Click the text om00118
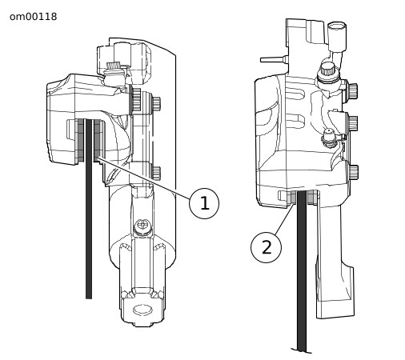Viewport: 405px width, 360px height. pyautogui.click(x=34, y=17)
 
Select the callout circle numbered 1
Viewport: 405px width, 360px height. pyautogui.click(x=204, y=203)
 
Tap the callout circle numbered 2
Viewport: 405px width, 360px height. pyautogui.click(x=266, y=247)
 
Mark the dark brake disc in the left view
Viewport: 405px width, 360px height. pyautogui.click(x=89, y=209)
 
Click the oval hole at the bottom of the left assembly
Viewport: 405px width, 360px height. pyautogui.click(x=143, y=310)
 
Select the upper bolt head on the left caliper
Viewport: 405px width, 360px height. pyautogui.click(x=156, y=103)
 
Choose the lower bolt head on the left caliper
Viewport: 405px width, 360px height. pyautogui.click(x=156, y=172)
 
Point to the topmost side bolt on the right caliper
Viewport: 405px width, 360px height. pyautogui.click(x=353, y=90)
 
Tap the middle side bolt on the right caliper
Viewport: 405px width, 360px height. pyautogui.click(x=353, y=123)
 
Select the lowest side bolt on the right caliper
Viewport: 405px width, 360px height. pyautogui.click(x=354, y=173)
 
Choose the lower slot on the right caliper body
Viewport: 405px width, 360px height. pyautogui.click(x=295, y=119)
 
